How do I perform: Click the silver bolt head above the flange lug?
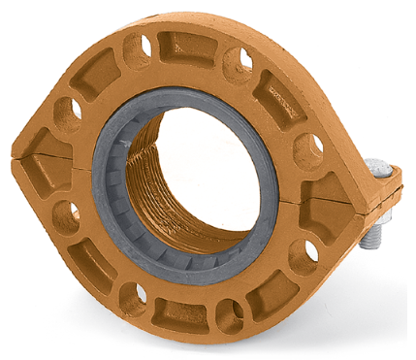[381, 171]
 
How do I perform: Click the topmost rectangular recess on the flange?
[189, 46]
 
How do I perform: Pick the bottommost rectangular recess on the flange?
[183, 313]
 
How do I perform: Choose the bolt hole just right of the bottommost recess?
[230, 313]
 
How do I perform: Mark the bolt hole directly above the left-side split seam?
[67, 115]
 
